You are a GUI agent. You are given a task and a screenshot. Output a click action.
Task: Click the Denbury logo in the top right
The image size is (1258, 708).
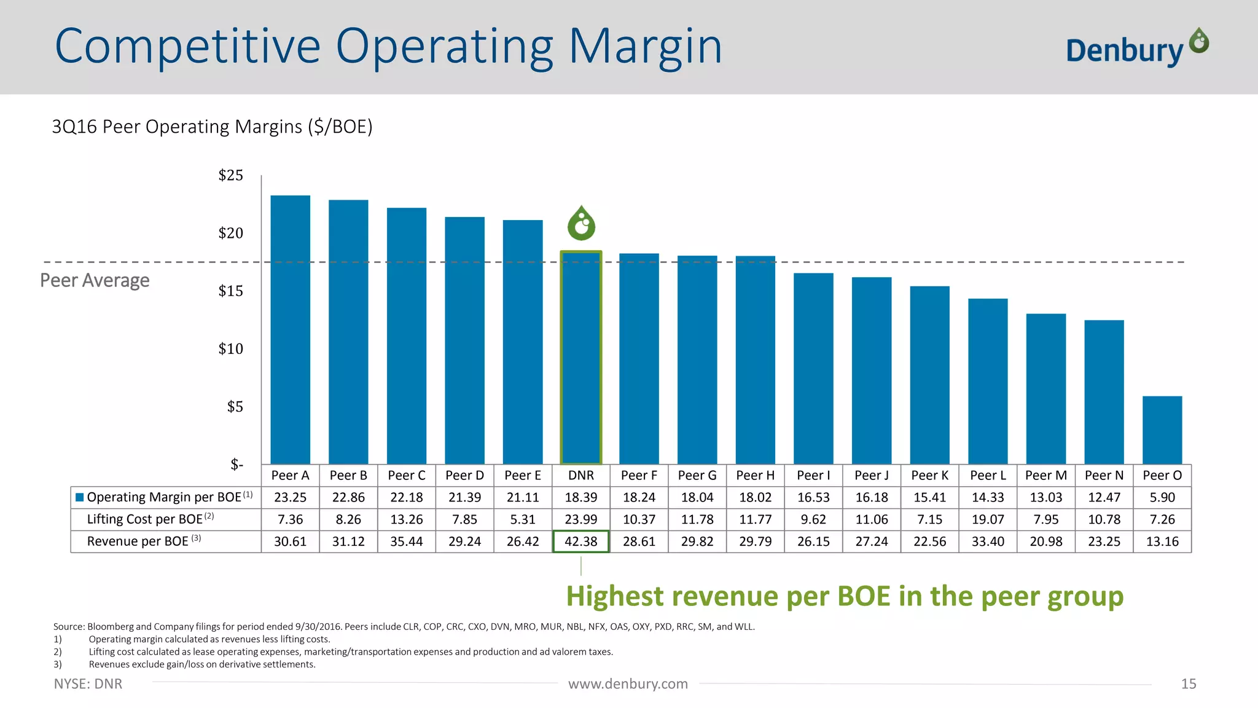pyautogui.click(x=1136, y=48)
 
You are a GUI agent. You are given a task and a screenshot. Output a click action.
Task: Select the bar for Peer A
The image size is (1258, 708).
pyautogui.click(x=290, y=329)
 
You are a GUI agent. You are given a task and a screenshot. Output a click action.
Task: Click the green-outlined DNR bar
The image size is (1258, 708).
pyautogui.click(x=580, y=358)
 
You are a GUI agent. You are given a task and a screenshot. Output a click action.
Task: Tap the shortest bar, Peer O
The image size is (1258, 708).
pyautogui.click(x=1162, y=430)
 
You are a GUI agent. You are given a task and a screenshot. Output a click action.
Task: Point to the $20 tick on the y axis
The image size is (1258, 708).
pyautogui.click(x=231, y=233)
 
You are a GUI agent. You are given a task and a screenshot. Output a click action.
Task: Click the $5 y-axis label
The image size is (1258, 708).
pyautogui.click(x=235, y=406)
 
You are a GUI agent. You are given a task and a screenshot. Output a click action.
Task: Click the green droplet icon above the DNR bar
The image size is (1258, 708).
pyautogui.click(x=581, y=224)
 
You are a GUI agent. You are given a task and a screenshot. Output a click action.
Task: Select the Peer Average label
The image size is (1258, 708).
pyautogui.click(x=95, y=280)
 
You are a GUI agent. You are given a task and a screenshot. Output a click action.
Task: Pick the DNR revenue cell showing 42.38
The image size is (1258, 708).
pyautogui.click(x=580, y=541)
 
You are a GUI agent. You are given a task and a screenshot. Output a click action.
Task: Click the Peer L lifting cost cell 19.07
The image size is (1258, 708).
pyautogui.click(x=987, y=519)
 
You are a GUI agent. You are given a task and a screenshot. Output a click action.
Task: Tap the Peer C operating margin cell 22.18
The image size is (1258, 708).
pyautogui.click(x=406, y=497)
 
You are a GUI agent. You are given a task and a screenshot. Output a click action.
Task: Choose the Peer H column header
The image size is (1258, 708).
pyautogui.click(x=755, y=475)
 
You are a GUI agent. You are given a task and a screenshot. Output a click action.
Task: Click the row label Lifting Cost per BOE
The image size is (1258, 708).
pyautogui.click(x=145, y=519)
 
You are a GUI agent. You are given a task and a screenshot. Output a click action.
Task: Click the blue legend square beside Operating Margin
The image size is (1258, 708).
pyautogui.click(x=79, y=497)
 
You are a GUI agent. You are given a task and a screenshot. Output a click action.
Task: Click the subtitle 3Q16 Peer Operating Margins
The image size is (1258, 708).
pyautogui.click(x=212, y=127)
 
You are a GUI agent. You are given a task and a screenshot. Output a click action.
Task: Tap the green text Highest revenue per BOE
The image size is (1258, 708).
pyautogui.click(x=844, y=596)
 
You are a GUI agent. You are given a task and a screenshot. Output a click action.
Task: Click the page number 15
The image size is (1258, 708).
pyautogui.click(x=1188, y=684)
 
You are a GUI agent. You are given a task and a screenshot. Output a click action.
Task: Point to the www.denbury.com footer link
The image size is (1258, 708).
pyautogui.click(x=628, y=684)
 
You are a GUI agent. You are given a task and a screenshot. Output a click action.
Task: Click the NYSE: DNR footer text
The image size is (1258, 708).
pyautogui.click(x=88, y=684)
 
